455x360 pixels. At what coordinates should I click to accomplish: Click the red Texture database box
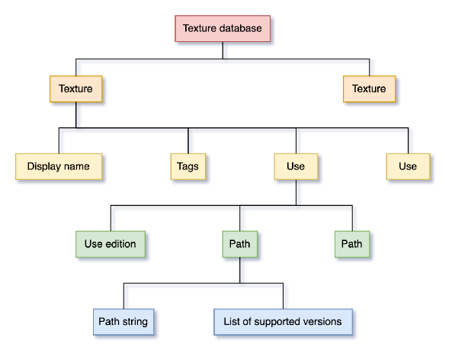(x=223, y=28)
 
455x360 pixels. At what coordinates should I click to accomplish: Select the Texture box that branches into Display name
(x=75, y=88)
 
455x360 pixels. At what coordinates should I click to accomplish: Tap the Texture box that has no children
(x=369, y=88)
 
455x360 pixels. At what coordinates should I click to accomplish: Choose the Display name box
(x=58, y=166)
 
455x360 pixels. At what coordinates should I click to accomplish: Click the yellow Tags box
(x=187, y=166)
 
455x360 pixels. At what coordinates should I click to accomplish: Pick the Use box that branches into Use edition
(x=295, y=166)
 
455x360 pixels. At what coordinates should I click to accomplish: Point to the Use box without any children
(x=408, y=166)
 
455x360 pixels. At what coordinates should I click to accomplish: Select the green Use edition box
(x=111, y=244)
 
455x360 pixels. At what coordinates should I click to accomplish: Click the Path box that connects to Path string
(x=239, y=244)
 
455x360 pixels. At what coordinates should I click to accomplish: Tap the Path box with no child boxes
(x=351, y=244)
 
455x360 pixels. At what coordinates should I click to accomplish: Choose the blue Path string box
(x=123, y=322)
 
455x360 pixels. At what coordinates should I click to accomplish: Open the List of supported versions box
(x=283, y=322)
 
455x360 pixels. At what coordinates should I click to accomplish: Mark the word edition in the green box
(x=121, y=244)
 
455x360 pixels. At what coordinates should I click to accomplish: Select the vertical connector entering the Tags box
(x=187, y=140)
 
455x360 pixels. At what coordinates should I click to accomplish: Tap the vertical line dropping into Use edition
(x=111, y=218)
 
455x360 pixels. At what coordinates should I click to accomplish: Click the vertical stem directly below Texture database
(x=223, y=50)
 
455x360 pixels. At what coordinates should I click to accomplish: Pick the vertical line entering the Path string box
(x=123, y=296)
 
